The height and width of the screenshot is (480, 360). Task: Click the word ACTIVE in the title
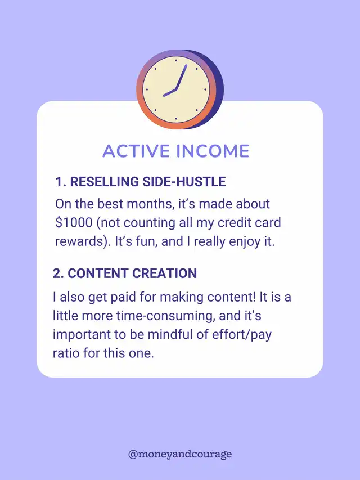click(136, 151)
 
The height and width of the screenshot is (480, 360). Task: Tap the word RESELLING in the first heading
click(105, 182)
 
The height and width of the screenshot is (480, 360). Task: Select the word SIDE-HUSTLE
click(184, 182)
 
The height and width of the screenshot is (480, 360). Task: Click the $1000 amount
click(74, 222)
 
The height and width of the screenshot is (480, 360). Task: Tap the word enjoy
click(244, 242)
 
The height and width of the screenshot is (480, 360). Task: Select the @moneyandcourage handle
click(180, 454)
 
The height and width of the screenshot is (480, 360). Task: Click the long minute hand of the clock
click(181, 77)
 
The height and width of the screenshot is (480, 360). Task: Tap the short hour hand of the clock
click(169, 93)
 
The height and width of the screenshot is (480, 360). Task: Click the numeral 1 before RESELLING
click(58, 182)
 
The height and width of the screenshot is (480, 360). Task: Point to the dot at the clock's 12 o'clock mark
click(176, 61)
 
